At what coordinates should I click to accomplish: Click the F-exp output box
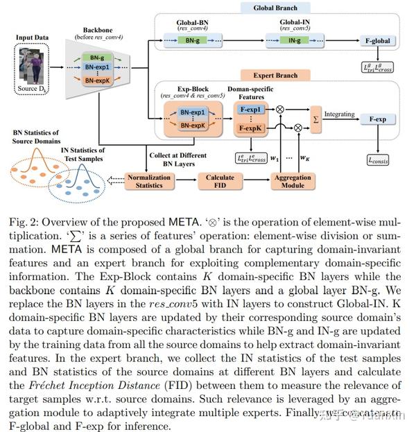[x=377, y=119]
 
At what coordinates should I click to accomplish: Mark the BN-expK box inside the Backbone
[x=97, y=81]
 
